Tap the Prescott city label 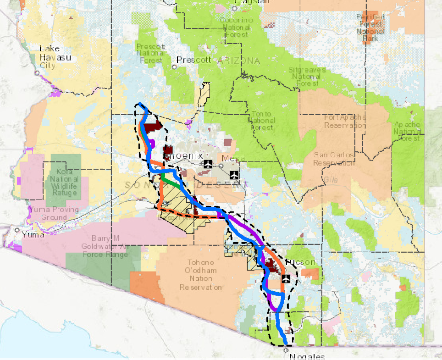coord(194,60)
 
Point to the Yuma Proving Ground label coord(54,213)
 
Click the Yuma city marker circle coord(17,230)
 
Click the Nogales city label coord(307,356)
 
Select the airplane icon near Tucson coord(285,278)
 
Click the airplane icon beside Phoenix coord(208,164)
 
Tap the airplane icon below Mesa coord(234,174)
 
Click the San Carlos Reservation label coord(334,159)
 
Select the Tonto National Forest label coord(261,121)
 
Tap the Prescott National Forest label coord(151,53)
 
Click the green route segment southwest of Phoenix coord(171,182)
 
